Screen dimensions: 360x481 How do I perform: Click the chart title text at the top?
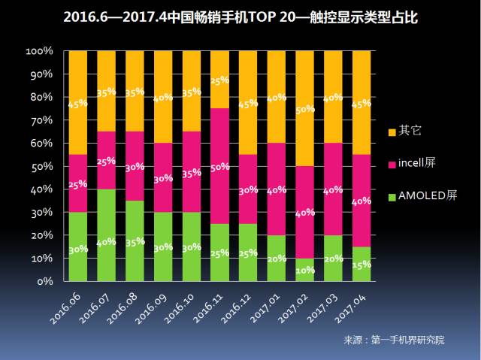[240, 17]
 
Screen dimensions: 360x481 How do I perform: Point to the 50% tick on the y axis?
[39, 166]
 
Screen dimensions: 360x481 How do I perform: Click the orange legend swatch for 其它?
[391, 130]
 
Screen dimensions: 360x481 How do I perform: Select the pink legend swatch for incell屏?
[391, 164]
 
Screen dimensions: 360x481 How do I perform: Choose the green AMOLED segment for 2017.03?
[333, 258]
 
